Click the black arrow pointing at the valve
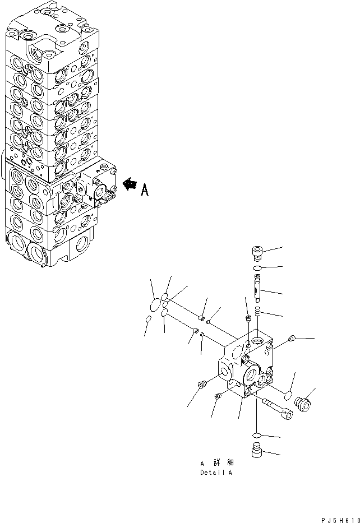point(128,183)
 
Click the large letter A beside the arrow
point(144,191)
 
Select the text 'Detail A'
point(217,473)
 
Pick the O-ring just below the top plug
point(257,269)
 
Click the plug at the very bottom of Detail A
point(256,450)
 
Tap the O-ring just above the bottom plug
point(256,435)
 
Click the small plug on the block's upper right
point(290,337)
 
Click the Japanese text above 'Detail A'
point(217,463)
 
